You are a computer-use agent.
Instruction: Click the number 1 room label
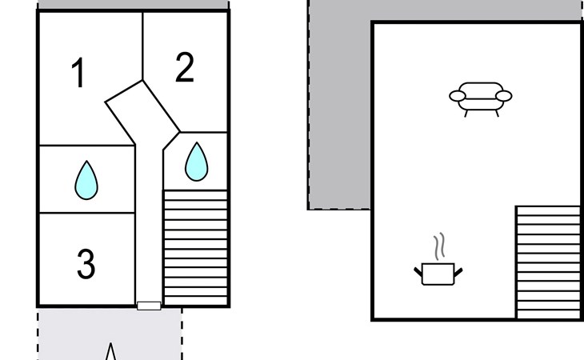(78, 74)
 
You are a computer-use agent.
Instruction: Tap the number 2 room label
(184, 68)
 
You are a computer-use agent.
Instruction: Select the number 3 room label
(86, 264)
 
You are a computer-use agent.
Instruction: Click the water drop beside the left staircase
(196, 162)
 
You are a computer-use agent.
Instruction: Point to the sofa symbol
(480, 98)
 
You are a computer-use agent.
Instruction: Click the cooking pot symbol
(438, 273)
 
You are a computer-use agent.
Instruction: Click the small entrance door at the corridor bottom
(149, 306)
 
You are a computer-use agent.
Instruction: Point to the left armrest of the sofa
(458, 97)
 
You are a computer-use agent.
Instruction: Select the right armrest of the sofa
(503, 97)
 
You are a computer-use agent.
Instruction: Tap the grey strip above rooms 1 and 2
(133, 5)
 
